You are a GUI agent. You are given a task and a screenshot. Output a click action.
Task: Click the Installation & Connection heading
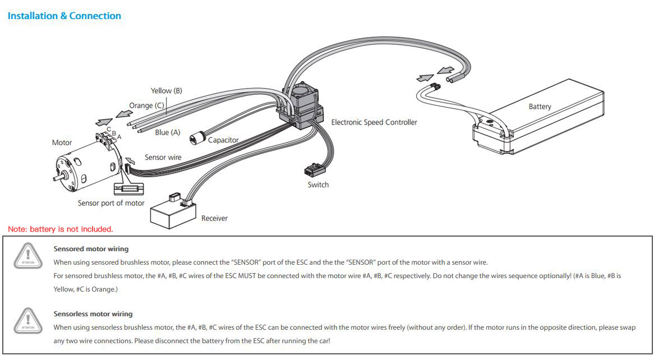coord(65,16)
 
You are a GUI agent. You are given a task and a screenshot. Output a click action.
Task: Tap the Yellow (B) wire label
coord(166,91)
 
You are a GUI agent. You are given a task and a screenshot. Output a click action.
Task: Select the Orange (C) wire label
coord(146,105)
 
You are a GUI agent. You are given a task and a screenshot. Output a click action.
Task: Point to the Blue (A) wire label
coord(168,132)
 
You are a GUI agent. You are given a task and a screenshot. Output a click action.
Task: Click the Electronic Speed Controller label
coord(374,122)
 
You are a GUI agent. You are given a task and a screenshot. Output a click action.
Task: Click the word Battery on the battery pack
coord(540,107)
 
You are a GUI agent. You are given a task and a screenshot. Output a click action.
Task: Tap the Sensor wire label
coord(163,158)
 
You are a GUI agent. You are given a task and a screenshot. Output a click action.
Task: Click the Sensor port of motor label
coord(111,203)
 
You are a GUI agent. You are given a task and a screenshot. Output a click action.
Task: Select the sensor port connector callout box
coord(128,188)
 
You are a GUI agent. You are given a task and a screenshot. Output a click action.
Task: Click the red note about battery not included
coord(61,229)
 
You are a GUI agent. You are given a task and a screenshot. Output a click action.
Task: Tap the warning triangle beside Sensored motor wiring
coord(28,255)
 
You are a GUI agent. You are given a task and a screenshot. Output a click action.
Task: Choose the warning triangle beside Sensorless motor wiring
coord(28,321)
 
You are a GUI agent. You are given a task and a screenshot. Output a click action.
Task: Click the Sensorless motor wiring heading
coord(93,314)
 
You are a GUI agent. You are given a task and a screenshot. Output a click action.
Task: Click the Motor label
coord(62,142)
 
